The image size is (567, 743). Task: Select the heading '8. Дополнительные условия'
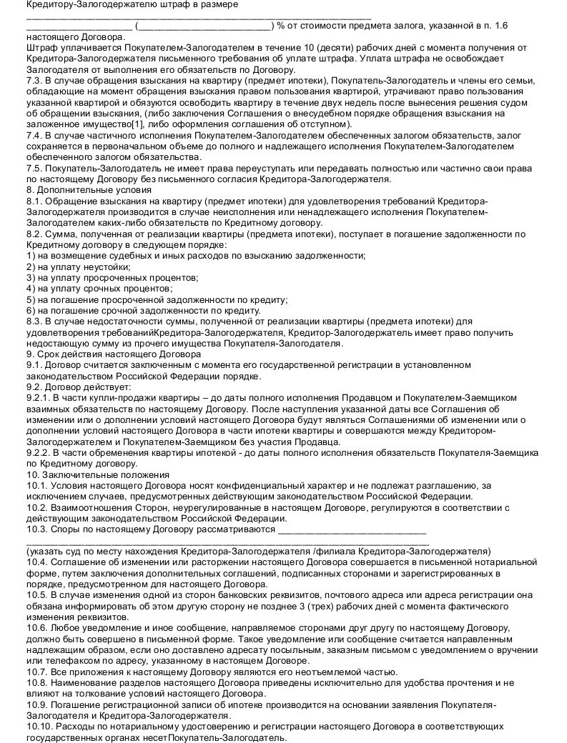tap(88, 189)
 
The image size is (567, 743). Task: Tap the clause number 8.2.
tap(34, 233)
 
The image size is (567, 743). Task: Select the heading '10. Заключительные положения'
tap(97, 475)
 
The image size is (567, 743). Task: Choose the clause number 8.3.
tap(34, 321)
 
